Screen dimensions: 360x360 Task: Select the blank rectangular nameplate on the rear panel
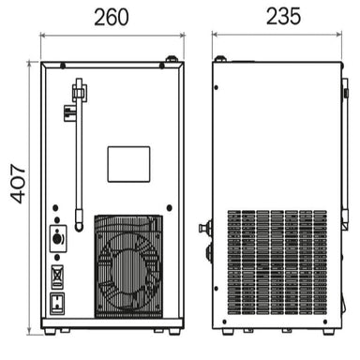pos(128,164)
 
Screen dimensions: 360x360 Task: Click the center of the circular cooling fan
pos(128,267)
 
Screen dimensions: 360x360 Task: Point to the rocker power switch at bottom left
pos(57,303)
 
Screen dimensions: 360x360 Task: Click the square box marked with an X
pos(57,276)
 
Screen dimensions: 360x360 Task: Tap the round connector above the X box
pos(57,239)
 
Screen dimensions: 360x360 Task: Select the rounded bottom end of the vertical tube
pos(79,226)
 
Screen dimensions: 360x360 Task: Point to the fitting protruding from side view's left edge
pos(203,227)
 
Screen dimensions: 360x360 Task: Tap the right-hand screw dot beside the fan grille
pos(169,207)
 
